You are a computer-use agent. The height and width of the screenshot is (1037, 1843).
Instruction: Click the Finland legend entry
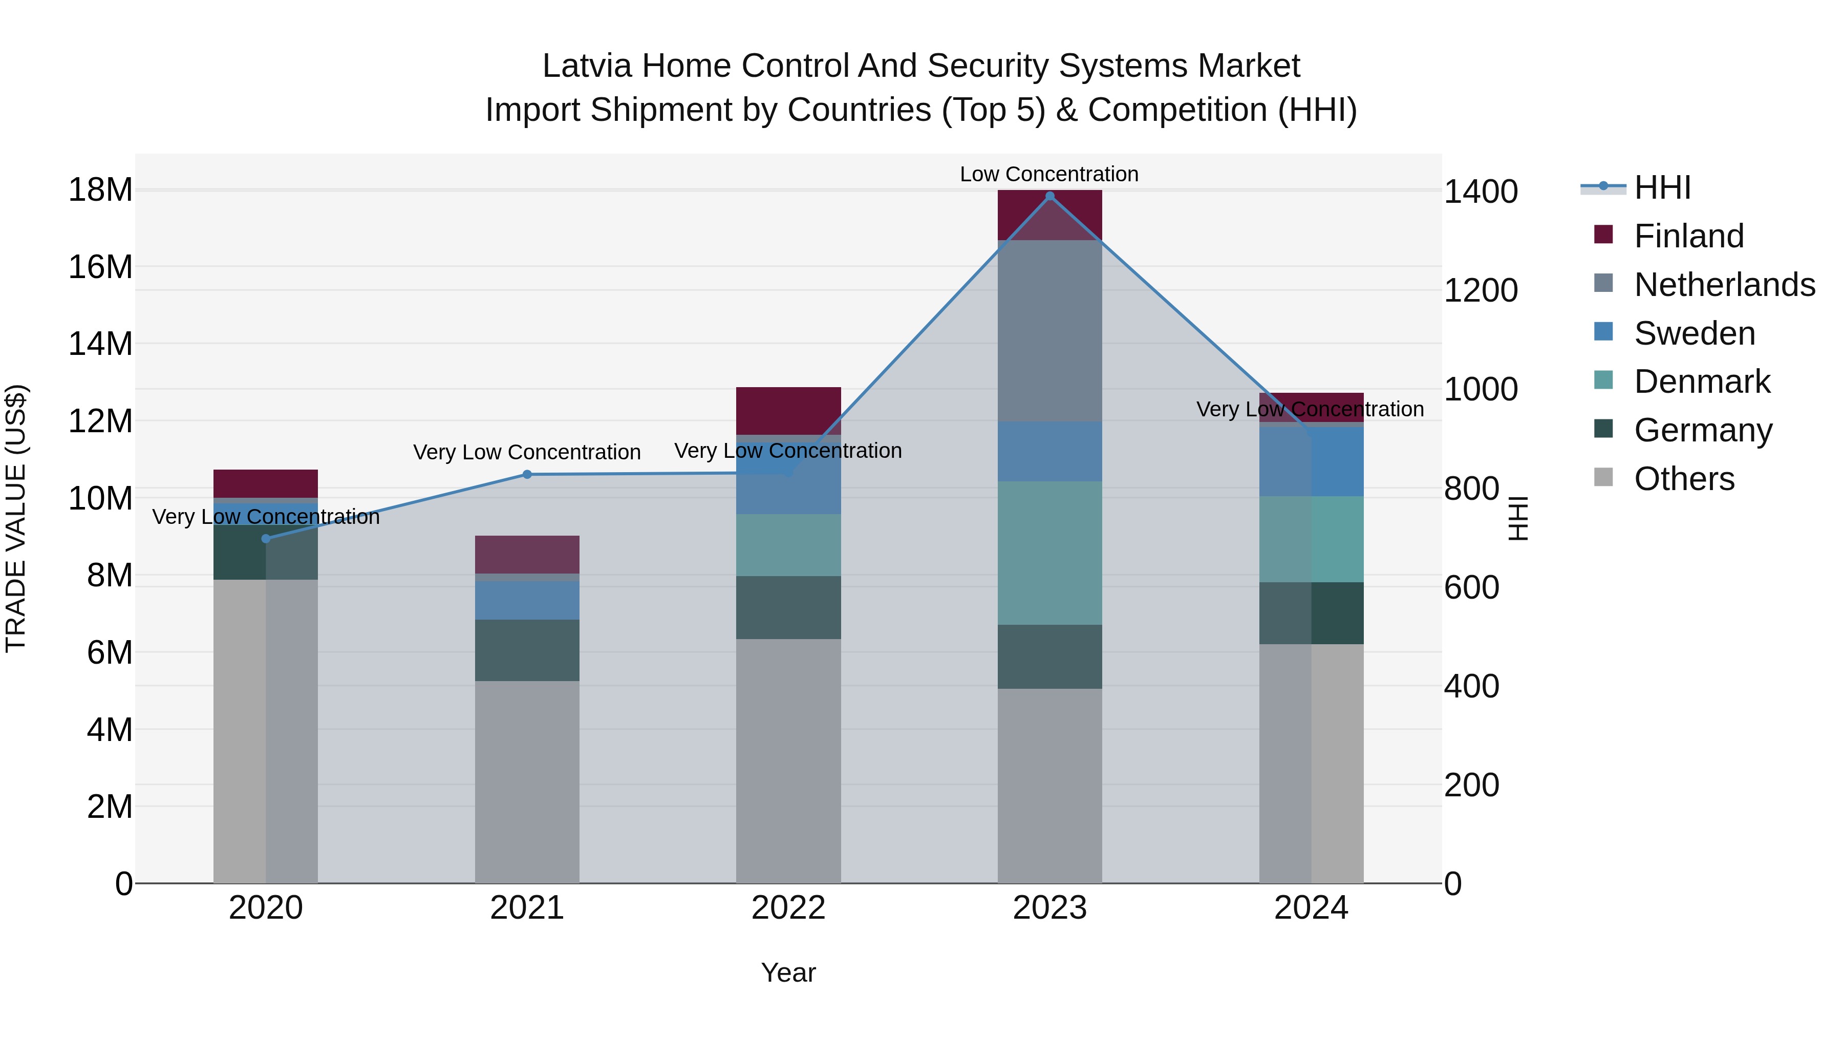[1688, 236]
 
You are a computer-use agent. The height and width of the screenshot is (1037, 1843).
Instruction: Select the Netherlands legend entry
[1724, 285]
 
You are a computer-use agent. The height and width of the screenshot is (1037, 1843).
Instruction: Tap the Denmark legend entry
[1701, 382]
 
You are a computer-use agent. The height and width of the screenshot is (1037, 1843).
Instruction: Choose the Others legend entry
[1683, 479]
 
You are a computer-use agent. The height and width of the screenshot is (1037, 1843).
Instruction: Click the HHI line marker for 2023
[1049, 196]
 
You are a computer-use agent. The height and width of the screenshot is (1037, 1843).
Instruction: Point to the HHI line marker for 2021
[527, 475]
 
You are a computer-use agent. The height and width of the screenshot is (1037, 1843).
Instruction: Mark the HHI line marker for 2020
[266, 539]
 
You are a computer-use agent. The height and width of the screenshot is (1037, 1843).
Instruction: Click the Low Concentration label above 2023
[1049, 174]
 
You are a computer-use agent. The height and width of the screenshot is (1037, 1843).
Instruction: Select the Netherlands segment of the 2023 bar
[1049, 331]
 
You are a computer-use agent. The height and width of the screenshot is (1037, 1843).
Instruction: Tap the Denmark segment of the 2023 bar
[1049, 553]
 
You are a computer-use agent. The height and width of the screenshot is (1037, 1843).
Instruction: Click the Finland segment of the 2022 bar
[788, 411]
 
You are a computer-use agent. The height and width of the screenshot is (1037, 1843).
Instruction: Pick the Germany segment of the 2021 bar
[527, 650]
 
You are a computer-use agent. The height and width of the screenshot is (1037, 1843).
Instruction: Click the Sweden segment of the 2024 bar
[1312, 461]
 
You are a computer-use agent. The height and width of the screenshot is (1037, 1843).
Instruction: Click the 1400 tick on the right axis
[1480, 192]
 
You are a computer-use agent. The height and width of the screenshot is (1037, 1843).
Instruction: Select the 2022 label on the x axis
[788, 908]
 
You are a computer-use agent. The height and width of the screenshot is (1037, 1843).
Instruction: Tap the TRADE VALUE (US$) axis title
[16, 518]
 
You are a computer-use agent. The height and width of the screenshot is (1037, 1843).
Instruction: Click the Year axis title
[788, 972]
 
